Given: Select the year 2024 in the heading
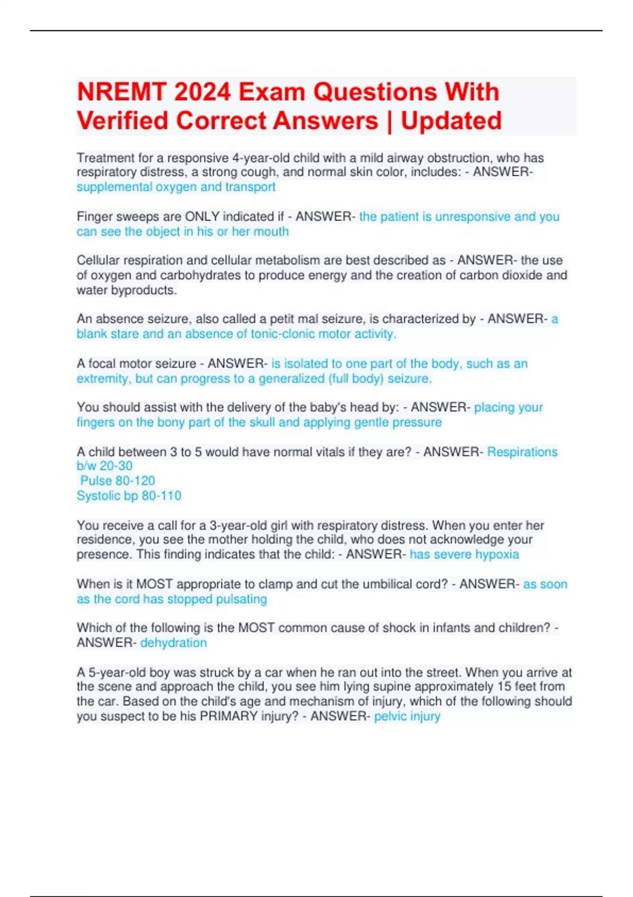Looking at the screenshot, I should (203, 92).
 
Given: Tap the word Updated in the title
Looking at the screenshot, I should (451, 121).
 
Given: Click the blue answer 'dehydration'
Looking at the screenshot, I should (173, 643).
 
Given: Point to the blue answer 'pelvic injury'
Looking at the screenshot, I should (407, 716).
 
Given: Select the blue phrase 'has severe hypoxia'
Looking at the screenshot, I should (464, 555).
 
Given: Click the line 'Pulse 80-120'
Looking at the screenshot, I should (118, 481).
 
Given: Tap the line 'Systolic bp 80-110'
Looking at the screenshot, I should (129, 495).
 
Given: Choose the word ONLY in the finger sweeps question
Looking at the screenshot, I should (202, 217).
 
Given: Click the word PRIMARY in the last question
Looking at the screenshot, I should (228, 716).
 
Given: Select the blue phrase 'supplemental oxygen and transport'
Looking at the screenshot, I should (176, 187).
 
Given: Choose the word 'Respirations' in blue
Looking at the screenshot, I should (522, 452).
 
